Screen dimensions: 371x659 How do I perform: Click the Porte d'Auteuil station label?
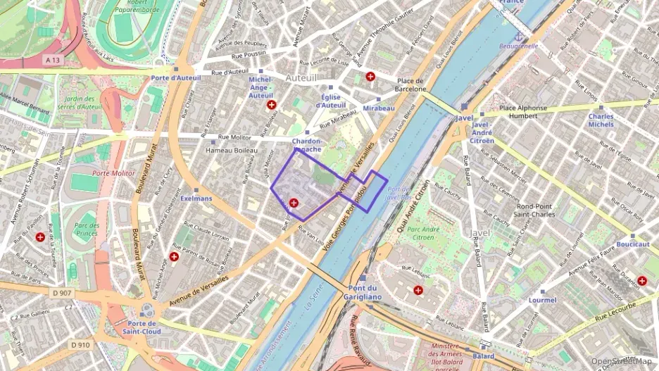[176, 77]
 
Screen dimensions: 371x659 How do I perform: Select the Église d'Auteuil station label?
[330, 101]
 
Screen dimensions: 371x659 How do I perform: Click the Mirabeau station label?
[379, 108]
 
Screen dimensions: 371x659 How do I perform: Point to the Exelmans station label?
[196, 199]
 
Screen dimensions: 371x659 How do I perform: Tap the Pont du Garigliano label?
[364, 293]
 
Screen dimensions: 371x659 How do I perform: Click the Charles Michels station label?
[601, 120]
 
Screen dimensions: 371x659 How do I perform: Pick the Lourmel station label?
[542, 300]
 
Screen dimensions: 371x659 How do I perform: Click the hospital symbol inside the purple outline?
[294, 203]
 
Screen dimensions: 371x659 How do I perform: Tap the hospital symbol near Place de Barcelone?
[370, 76]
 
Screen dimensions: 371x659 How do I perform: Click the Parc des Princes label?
[86, 229]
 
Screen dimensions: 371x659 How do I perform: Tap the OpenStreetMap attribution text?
[621, 361]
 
